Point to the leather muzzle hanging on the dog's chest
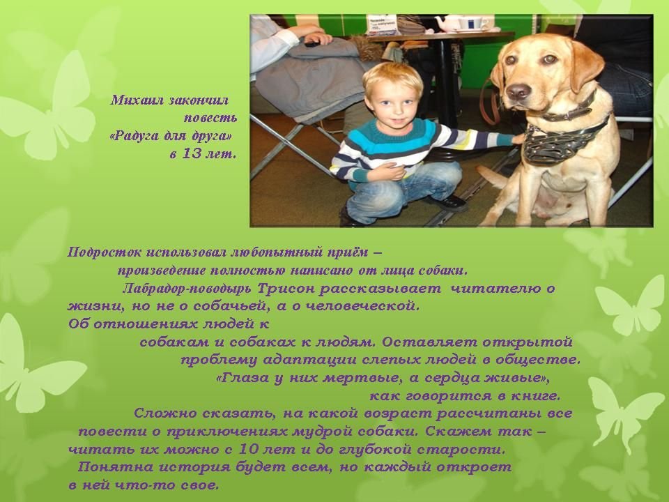[551, 143]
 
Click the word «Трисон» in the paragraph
[286, 289]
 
